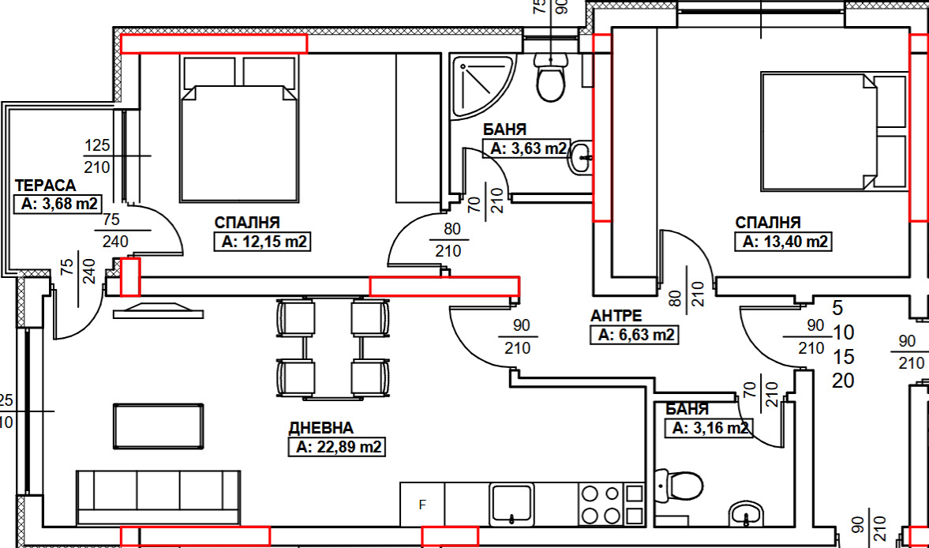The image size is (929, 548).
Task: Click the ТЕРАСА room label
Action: [x=45, y=186]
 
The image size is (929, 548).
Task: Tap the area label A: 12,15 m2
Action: [x=263, y=242]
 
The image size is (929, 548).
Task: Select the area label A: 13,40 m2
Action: [x=783, y=242]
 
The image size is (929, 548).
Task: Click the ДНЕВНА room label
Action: [x=320, y=428]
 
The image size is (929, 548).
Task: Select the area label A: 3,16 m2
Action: [x=709, y=429]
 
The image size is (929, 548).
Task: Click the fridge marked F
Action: [x=422, y=504]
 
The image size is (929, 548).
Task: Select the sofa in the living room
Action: [x=158, y=495]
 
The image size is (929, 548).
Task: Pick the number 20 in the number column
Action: [x=843, y=381]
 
